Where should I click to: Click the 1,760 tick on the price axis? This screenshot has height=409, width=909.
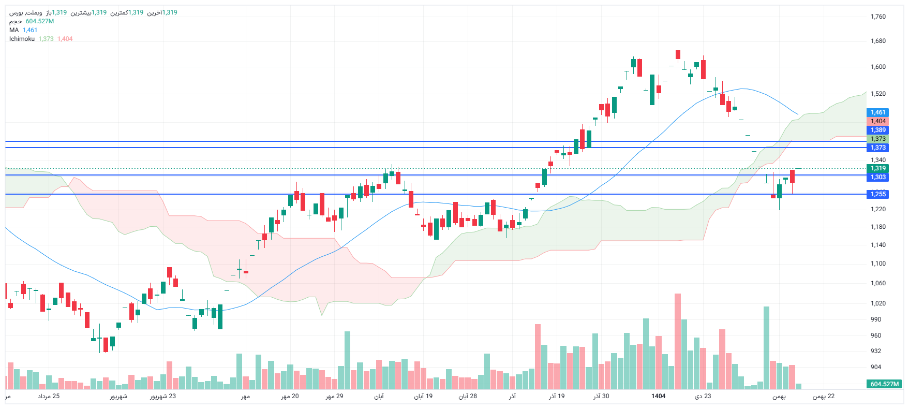tap(878, 17)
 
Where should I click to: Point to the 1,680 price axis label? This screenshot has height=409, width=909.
tap(878, 41)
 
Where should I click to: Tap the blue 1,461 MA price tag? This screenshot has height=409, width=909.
tap(877, 112)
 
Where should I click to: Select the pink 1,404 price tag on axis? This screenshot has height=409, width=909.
tap(877, 121)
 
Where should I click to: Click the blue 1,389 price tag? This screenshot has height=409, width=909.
tap(877, 130)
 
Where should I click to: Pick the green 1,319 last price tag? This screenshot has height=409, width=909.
tap(877, 168)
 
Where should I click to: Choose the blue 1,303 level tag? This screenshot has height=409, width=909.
tap(877, 177)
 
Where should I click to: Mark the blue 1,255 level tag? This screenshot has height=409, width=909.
tap(877, 194)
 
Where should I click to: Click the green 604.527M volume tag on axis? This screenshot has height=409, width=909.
tap(885, 384)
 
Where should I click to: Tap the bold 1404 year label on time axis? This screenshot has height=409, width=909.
tap(658, 396)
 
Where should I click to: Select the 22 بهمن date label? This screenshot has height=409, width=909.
tap(823, 396)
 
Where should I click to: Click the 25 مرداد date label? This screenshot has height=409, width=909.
tap(49, 396)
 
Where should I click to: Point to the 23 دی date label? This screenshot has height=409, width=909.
tap(703, 396)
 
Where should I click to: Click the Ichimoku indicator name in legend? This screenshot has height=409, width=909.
tap(22, 39)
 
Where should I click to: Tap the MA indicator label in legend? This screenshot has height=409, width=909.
tap(14, 30)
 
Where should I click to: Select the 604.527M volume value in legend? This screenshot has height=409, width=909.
tap(40, 21)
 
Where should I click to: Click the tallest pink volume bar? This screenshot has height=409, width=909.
tap(678, 342)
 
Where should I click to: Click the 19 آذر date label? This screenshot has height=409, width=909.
tap(557, 396)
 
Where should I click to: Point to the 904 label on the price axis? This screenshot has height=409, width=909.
tap(875, 367)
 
